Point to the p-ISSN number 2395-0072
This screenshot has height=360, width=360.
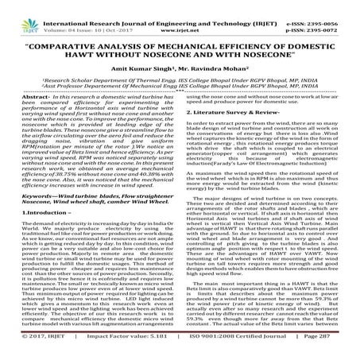coord(333,14)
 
